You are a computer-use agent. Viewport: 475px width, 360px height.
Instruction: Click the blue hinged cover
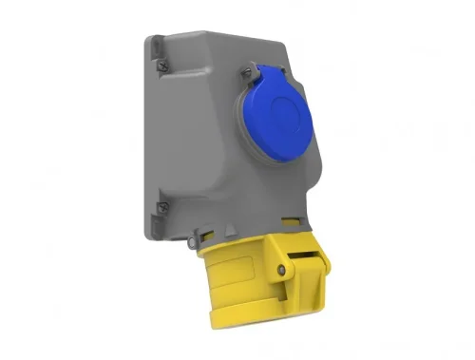tap(277, 115)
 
